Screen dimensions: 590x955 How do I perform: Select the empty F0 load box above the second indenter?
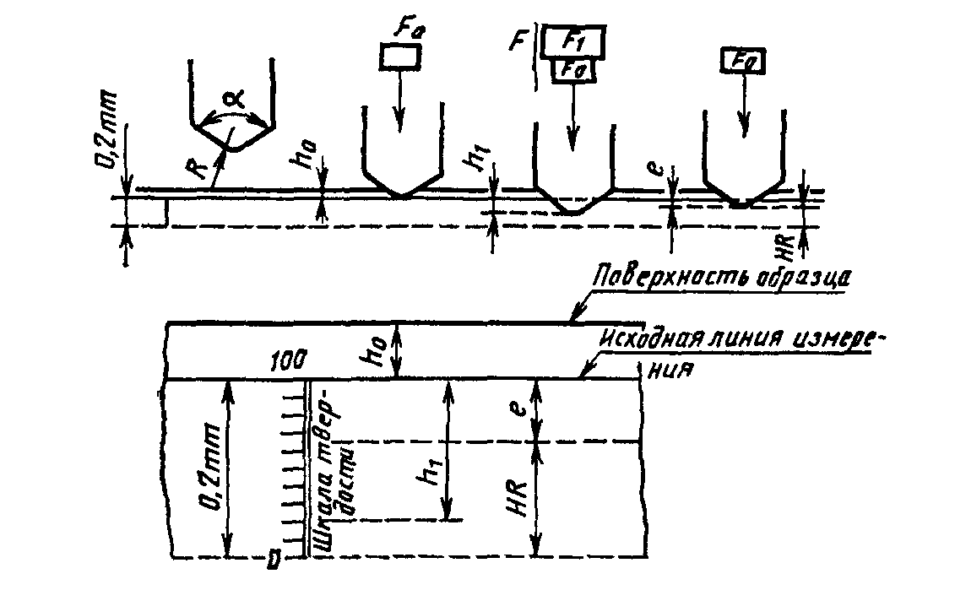pyautogui.click(x=399, y=57)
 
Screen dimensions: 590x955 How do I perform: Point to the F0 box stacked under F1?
pyautogui.click(x=574, y=71)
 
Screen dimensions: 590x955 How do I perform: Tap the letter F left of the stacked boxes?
pyautogui.click(x=522, y=39)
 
